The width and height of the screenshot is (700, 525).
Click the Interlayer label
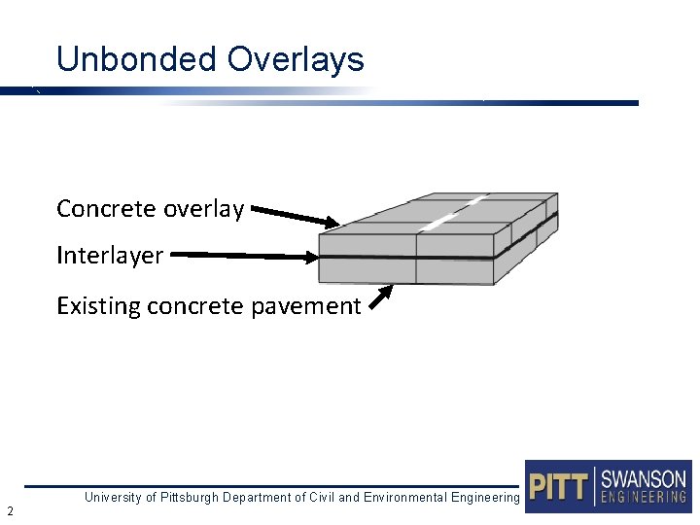coord(110,256)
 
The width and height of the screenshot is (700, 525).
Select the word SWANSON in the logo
coord(644,479)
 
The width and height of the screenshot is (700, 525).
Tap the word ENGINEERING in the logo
coord(644,497)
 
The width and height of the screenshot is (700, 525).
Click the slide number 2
coord(9,510)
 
